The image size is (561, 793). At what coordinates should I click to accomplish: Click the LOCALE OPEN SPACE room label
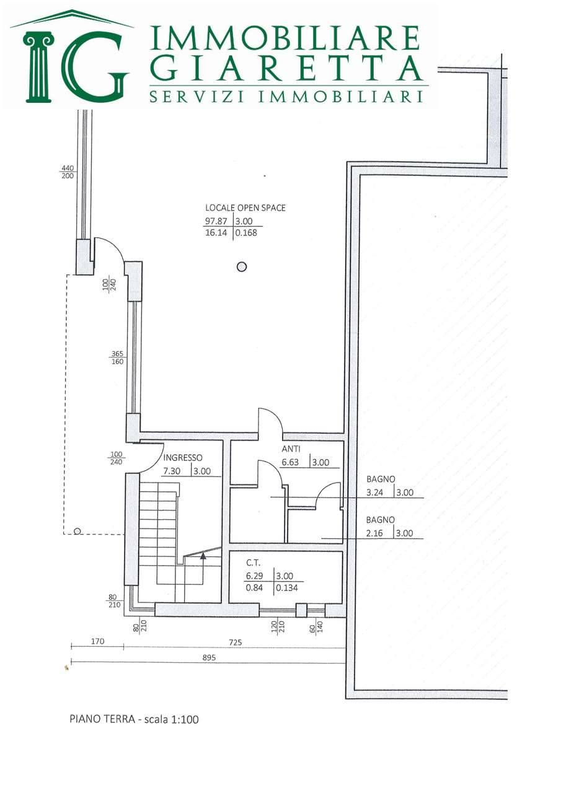[x=245, y=208]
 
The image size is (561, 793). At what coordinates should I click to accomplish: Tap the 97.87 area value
[x=216, y=221]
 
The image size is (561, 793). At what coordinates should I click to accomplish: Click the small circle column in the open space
[x=242, y=266]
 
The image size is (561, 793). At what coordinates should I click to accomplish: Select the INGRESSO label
[x=182, y=458]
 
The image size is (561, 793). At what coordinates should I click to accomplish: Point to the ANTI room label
[x=291, y=449]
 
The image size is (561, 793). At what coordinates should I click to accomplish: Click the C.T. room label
[x=254, y=563]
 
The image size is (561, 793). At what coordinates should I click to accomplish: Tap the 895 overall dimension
[x=210, y=658]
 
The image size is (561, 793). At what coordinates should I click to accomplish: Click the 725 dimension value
[x=236, y=642]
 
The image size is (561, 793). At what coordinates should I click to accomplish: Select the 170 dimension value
[x=97, y=641]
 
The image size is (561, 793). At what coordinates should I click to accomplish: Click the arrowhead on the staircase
[x=203, y=556]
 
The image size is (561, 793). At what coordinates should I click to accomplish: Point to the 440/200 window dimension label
[x=68, y=172]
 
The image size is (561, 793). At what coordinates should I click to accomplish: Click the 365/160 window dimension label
[x=117, y=357]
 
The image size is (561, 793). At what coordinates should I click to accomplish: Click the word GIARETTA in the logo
[x=287, y=68]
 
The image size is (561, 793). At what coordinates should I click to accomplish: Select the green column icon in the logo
[x=38, y=66]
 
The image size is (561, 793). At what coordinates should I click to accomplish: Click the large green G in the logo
[x=94, y=66]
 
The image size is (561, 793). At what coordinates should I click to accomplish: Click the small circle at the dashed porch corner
[x=77, y=531]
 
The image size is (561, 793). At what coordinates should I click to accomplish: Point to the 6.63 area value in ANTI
[x=290, y=462]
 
